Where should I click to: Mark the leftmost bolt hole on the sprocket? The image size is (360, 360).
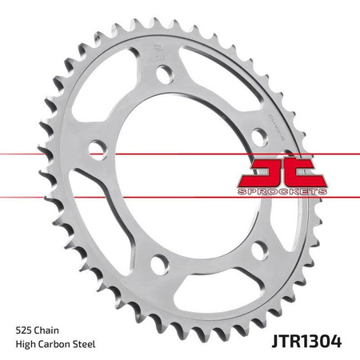click(x=96, y=147)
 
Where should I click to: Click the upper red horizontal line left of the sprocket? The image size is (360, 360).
click(x=40, y=151)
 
